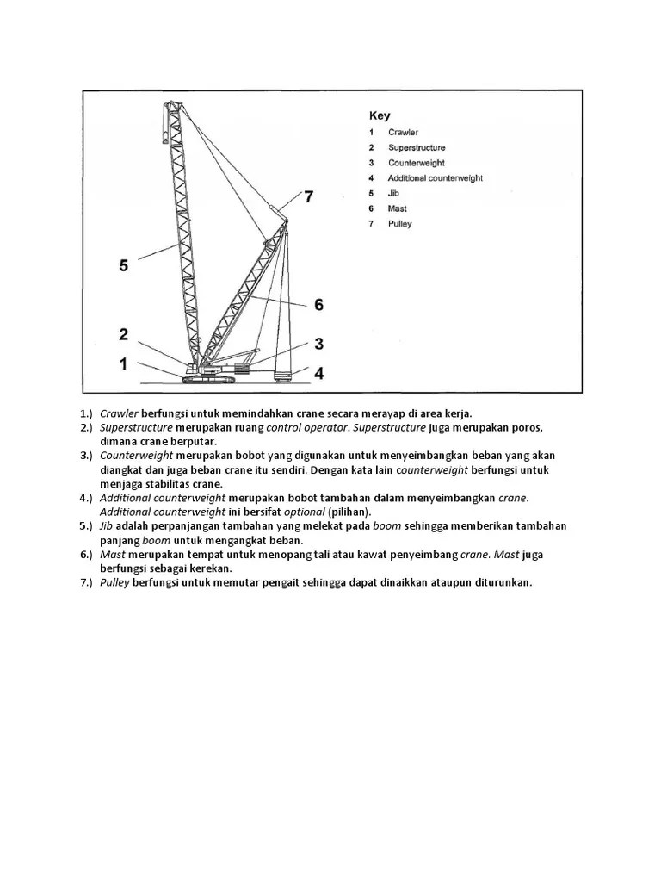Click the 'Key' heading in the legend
[x=380, y=115]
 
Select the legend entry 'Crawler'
[x=403, y=133]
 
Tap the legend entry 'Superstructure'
[x=417, y=147]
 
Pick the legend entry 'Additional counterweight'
[x=435, y=178]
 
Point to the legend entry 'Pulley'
[x=399, y=224]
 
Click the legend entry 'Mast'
[x=397, y=208]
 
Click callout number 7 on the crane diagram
[x=308, y=197]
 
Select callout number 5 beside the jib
[x=124, y=265]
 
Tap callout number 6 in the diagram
[x=318, y=304]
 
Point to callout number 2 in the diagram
[x=124, y=334]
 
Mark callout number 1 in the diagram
[x=124, y=363]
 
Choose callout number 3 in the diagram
[x=318, y=344]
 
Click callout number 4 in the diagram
[x=318, y=373]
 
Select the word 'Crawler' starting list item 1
[x=119, y=413]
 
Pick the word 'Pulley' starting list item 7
[x=115, y=582]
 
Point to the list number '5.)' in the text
[x=86, y=526]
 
